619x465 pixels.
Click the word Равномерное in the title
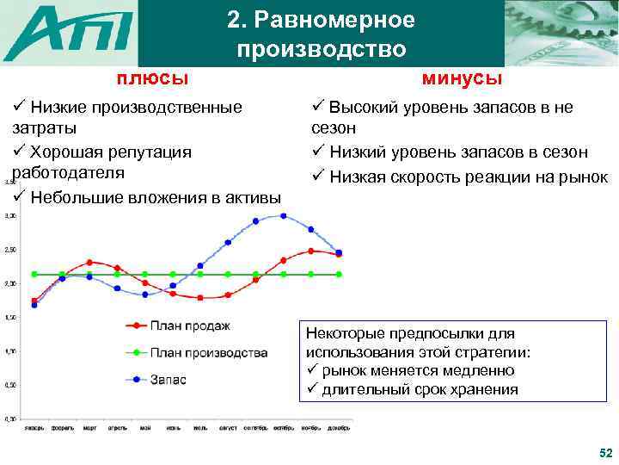tap(321, 20)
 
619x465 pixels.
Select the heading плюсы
tap(153, 78)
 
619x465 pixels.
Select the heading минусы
tap(463, 78)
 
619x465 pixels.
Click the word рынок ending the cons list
tap(584, 177)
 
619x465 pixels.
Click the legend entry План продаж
tap(190, 325)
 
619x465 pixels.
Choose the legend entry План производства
tap(208, 352)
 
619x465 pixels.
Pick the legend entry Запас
tap(169, 379)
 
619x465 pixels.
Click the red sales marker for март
tap(89, 262)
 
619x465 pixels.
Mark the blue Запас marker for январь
tap(34, 305)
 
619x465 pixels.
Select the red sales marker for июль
tap(199, 298)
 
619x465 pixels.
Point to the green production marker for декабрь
tap(339, 274)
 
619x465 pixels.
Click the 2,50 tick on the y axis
tap(9, 250)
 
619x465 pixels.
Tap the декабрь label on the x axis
tap(339, 428)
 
